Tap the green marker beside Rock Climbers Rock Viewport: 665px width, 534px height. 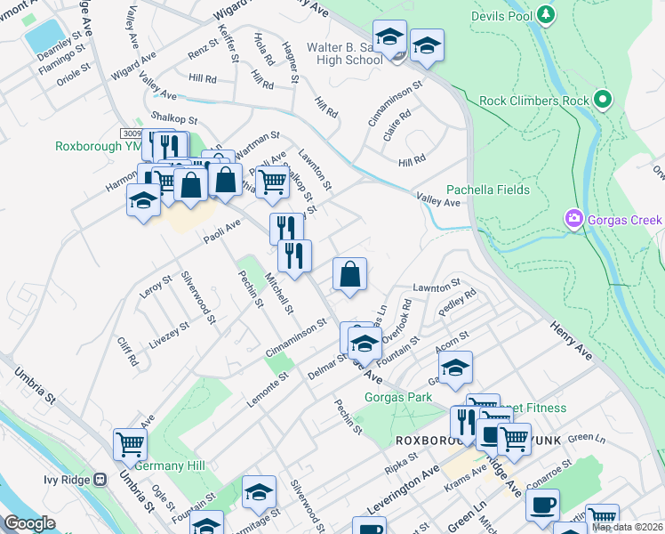[604, 100]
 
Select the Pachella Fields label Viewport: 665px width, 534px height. [488, 190]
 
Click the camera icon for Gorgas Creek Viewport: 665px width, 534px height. [573, 219]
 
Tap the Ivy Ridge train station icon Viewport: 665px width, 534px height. [100, 479]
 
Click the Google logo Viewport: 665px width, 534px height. [29, 523]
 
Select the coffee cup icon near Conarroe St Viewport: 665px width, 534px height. [541, 505]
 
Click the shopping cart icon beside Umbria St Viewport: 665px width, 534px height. [130, 443]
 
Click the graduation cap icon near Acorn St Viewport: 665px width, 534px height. [454, 367]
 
